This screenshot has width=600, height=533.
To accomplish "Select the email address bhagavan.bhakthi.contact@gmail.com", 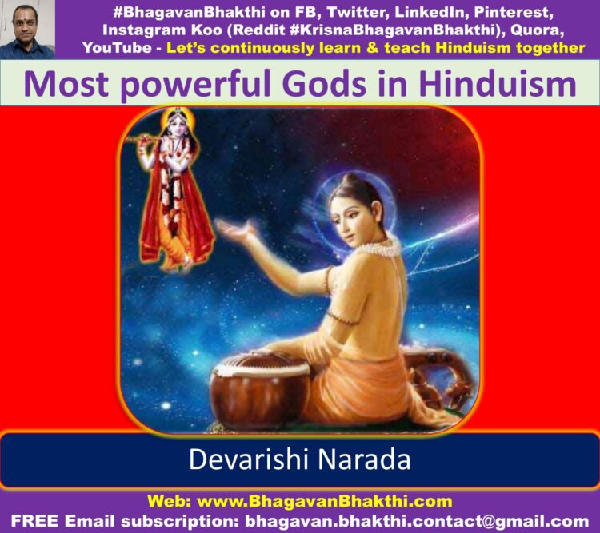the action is click(417, 522).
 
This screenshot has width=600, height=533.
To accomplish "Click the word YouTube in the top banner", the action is click(117, 48).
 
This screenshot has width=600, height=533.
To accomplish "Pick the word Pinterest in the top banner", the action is click(514, 13).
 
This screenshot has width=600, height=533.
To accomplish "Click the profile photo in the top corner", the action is click(27, 30).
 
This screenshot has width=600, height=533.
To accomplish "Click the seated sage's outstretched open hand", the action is click(234, 229).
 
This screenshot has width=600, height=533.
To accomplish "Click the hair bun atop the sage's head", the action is click(349, 180).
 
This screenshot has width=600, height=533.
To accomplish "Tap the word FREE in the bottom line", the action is click(35, 521).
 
